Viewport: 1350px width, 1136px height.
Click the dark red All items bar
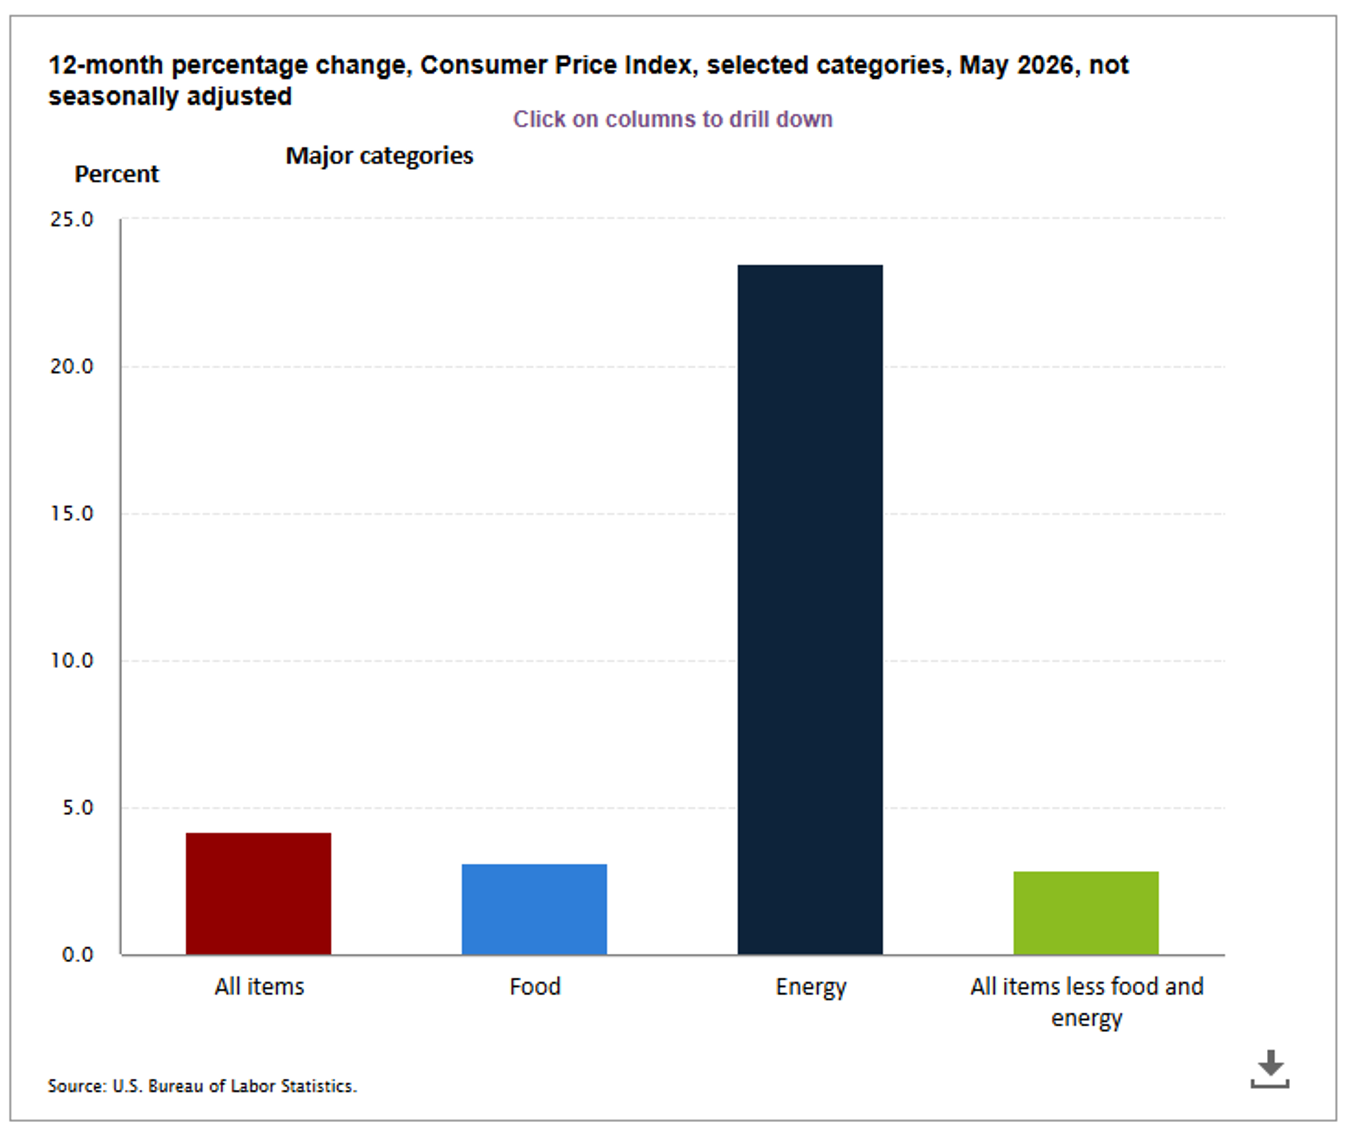coord(258,894)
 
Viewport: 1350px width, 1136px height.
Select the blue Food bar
coord(534,909)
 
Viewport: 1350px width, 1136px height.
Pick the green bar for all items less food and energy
coord(1086,913)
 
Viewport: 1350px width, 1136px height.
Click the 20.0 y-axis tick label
coord(71,366)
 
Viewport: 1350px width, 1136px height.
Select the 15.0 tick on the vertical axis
coord(71,513)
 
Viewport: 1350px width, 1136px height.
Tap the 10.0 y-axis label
coord(71,660)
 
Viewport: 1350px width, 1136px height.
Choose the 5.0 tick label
coord(77,807)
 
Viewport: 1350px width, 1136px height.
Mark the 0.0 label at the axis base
coord(77,954)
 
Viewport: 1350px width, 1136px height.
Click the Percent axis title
coord(117,174)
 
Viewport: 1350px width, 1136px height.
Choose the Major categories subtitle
coord(380,156)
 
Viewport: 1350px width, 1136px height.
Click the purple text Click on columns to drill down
coord(673,119)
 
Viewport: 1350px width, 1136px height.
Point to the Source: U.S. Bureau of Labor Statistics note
coord(202,1086)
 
